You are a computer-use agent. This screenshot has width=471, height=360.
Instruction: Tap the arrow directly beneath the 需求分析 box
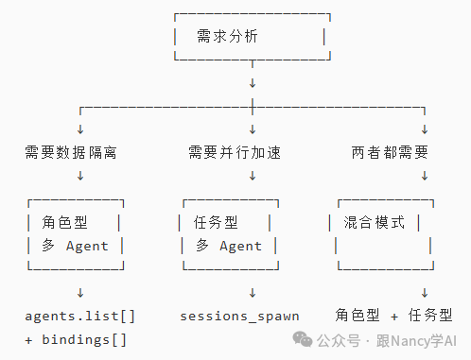click(253, 83)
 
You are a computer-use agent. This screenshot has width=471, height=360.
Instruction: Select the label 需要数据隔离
click(71, 151)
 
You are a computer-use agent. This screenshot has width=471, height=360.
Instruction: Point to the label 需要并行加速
click(232, 151)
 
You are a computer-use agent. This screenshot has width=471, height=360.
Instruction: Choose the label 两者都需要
click(389, 151)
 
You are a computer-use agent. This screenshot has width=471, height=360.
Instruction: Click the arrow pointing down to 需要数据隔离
click(79, 129)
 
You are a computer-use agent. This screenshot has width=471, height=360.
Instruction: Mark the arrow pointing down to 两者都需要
click(425, 129)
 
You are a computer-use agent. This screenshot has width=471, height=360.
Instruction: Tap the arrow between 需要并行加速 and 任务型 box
click(253, 175)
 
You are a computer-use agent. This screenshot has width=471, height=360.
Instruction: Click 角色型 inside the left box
click(64, 223)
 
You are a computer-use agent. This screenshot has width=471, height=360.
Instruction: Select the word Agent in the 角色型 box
click(87, 247)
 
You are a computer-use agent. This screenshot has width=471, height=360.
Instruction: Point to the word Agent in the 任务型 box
click(240, 247)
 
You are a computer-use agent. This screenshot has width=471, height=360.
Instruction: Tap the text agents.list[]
click(79, 316)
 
